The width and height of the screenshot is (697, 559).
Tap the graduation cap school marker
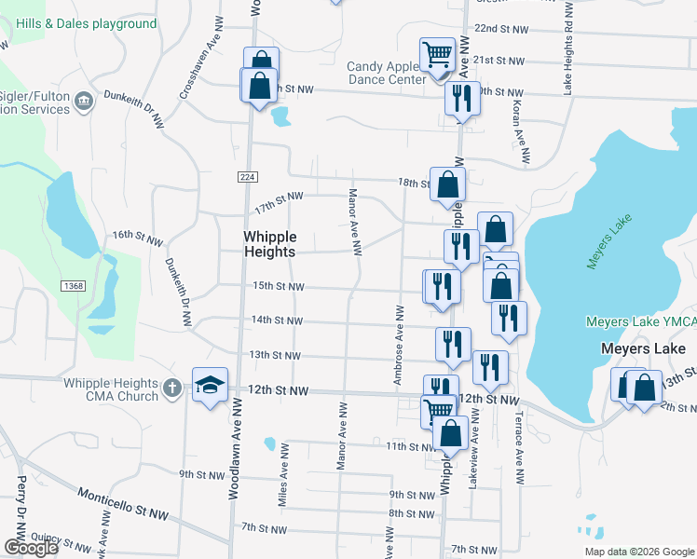211,384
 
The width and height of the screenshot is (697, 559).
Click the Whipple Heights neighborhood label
269,244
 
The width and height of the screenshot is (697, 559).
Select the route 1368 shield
75,286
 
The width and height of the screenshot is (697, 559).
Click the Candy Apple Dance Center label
386,73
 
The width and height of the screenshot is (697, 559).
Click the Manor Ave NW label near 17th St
354,223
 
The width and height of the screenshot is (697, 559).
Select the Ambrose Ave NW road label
398,344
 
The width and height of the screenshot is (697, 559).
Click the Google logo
31,548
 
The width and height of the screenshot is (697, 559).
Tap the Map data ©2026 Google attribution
639,552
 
